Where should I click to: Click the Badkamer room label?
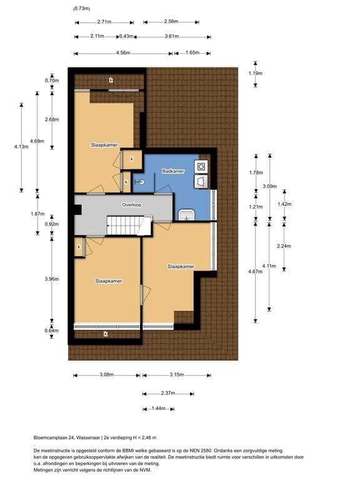pyautogui.click(x=173, y=171)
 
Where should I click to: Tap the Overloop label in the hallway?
pyautogui.click(x=132, y=205)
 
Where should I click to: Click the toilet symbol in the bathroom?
pyautogui.click(x=140, y=182)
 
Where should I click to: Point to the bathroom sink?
pyautogui.click(x=186, y=215)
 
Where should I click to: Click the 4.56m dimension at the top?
pyautogui.click(x=123, y=53)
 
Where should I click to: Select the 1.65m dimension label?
pyautogui.click(x=192, y=52)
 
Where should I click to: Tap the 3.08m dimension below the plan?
pyautogui.click(x=106, y=375)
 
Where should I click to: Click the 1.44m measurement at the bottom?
pyautogui.click(x=159, y=408)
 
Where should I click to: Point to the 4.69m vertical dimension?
pyautogui.click(x=37, y=141)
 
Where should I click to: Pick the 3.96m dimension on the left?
pyautogui.click(x=51, y=279)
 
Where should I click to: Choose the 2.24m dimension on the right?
pyautogui.click(x=284, y=246)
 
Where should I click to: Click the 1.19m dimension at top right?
pyautogui.click(x=255, y=73)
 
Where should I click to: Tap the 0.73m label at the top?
pyautogui.click(x=81, y=9)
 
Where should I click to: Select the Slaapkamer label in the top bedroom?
pyautogui.click(x=104, y=145)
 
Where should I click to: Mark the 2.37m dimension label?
pyautogui.click(x=168, y=393)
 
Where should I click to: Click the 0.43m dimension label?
pyautogui.click(x=126, y=36)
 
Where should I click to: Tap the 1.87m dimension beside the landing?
pyautogui.click(x=37, y=214)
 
